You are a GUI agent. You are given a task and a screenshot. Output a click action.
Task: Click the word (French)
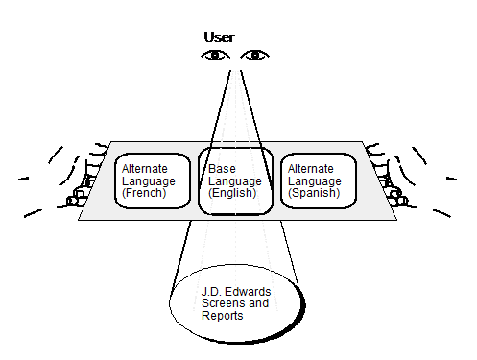point(144,194)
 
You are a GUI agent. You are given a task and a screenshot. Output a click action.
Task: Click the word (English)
point(231,193)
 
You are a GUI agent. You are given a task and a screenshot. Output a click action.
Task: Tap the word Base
point(222,168)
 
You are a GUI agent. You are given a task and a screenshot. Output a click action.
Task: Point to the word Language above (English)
point(233,180)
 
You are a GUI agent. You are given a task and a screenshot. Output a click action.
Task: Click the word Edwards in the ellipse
point(248,291)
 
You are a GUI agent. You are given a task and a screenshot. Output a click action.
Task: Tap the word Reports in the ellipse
point(223,316)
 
